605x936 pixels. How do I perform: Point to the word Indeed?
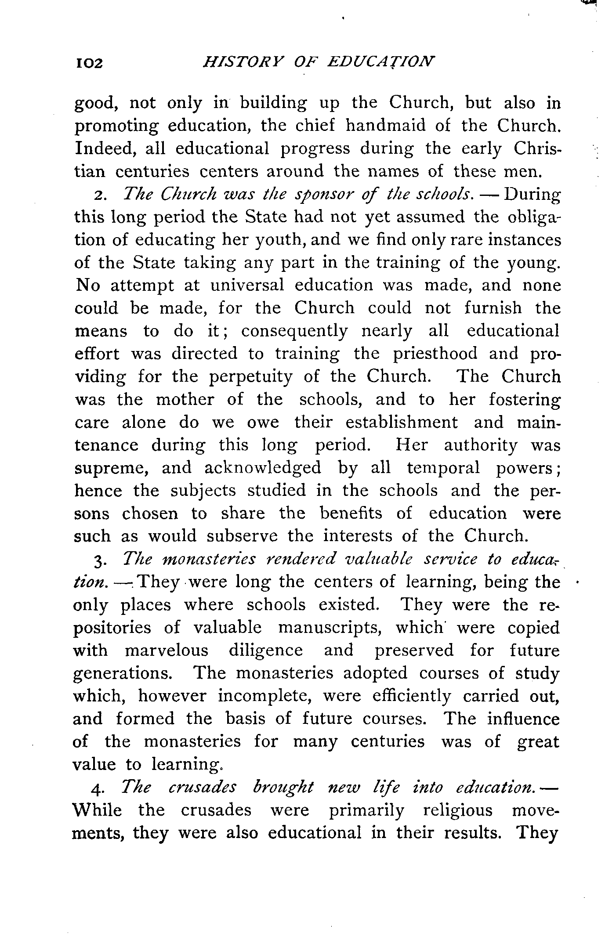pos(103,149)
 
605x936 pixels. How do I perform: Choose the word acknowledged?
pos(263,468)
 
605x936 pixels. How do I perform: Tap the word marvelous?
pos(166,651)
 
